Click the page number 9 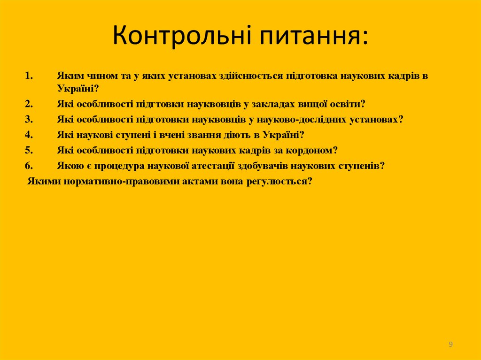coord(450,345)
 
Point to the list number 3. coord(29,119)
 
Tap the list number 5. coord(29,150)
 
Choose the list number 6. coord(29,166)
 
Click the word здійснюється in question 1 coord(250,75)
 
